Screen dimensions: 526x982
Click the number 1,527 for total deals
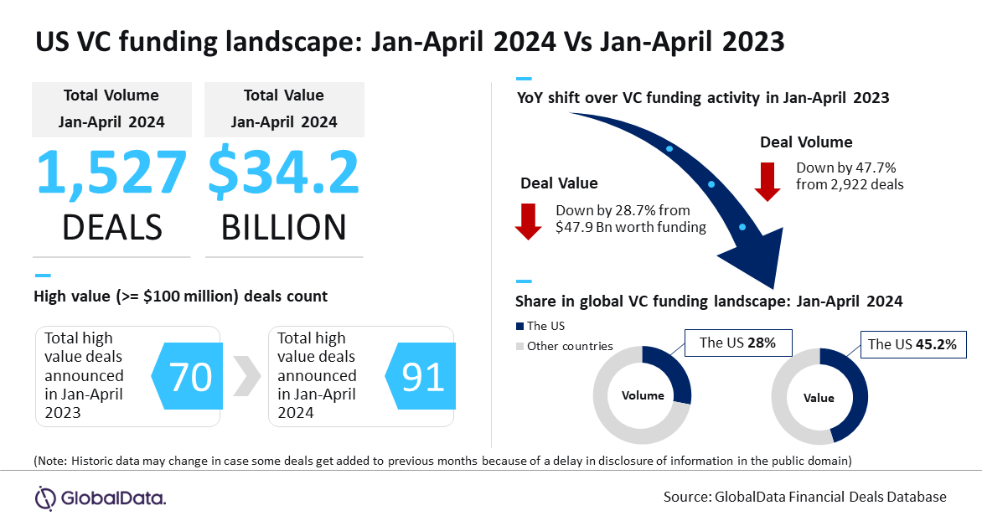(x=111, y=173)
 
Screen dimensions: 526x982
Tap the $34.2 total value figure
(x=284, y=173)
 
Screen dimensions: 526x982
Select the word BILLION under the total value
(x=284, y=227)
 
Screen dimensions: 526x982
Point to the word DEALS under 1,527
(x=111, y=227)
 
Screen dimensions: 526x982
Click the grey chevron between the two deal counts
(x=244, y=377)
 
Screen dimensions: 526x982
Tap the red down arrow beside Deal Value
(x=529, y=220)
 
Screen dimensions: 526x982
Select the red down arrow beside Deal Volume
(x=768, y=182)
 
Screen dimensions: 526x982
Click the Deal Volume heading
(x=806, y=142)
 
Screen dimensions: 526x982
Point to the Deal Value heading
(x=559, y=183)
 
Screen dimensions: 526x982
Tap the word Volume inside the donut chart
(x=643, y=395)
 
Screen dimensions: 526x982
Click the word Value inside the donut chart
(x=819, y=397)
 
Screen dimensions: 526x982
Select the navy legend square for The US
(x=519, y=326)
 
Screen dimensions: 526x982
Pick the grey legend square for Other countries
(x=519, y=346)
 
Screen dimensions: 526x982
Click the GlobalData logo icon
(x=45, y=498)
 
